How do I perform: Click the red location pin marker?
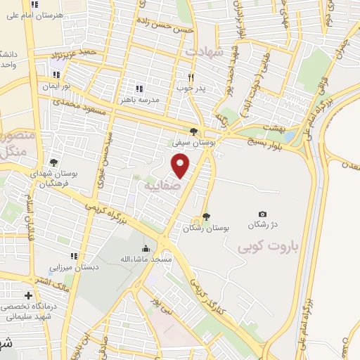click(x=181, y=166)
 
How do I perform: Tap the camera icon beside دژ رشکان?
click(x=262, y=214)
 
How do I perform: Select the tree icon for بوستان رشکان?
click(x=205, y=217)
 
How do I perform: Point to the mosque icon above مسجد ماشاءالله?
click(x=146, y=248)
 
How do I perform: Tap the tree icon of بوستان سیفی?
click(x=193, y=131)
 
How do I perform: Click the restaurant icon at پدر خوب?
click(x=190, y=77)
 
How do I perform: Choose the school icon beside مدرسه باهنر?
click(x=139, y=89)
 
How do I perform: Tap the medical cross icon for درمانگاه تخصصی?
click(x=28, y=296)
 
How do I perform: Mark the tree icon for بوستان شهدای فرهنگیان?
click(x=54, y=162)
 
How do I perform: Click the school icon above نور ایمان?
click(x=56, y=75)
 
